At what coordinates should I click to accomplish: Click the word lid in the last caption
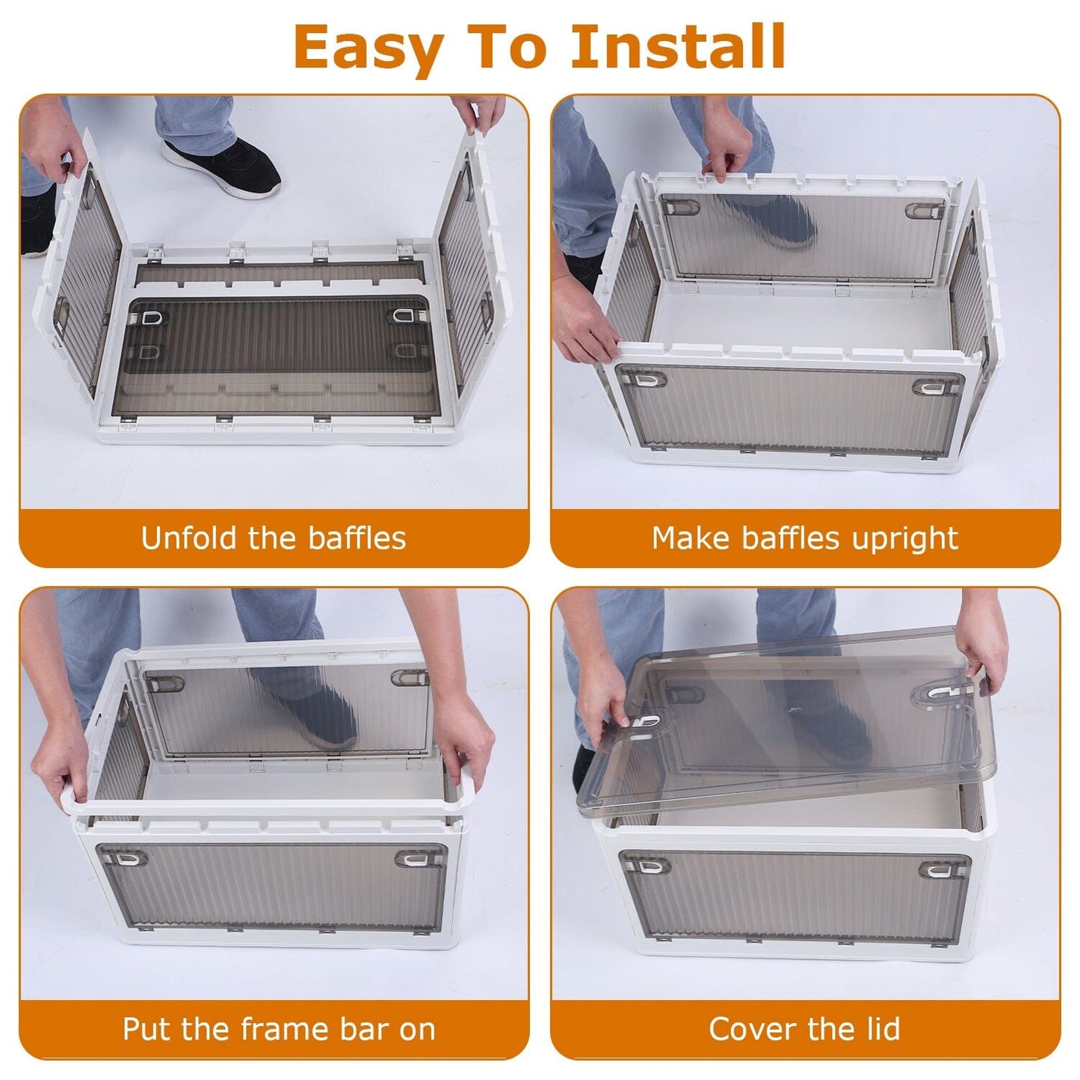click(x=880, y=1029)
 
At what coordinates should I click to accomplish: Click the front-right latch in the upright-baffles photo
click(x=936, y=386)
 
